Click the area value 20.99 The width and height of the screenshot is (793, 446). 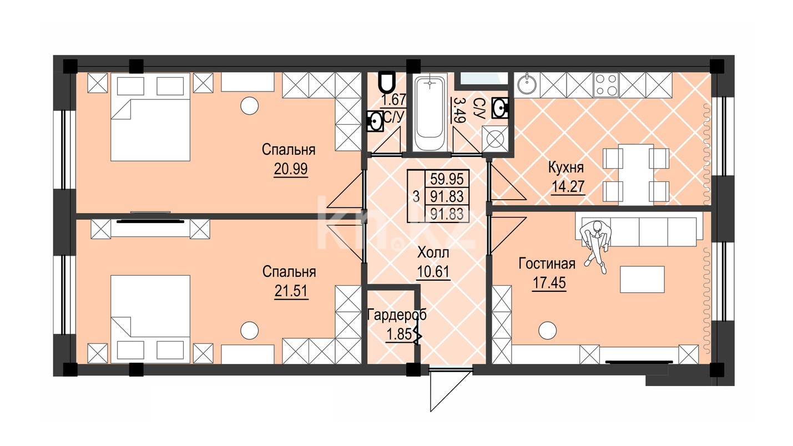click(x=291, y=169)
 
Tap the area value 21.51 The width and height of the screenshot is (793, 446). click(x=291, y=291)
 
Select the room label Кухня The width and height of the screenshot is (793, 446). click(x=566, y=168)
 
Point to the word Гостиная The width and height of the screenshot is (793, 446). click(x=547, y=263)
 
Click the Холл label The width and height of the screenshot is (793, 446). click(x=433, y=253)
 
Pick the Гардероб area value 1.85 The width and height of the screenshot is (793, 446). click(x=400, y=334)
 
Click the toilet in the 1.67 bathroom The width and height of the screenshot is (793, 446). click(x=386, y=82)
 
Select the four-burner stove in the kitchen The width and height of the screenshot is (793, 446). click(x=607, y=85)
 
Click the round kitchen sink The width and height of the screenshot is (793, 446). click(x=527, y=85)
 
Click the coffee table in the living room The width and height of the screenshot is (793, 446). click(x=642, y=279)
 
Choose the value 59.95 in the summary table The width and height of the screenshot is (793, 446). click(x=447, y=179)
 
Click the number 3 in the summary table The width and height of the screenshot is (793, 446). click(x=416, y=196)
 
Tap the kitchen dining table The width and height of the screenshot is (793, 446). click(x=636, y=175)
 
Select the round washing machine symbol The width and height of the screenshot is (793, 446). click(x=495, y=139)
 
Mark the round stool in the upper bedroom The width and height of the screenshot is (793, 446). click(x=249, y=105)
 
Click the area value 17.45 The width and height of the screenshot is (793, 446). click(x=549, y=283)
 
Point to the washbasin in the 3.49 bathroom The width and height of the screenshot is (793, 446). click(x=500, y=108)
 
